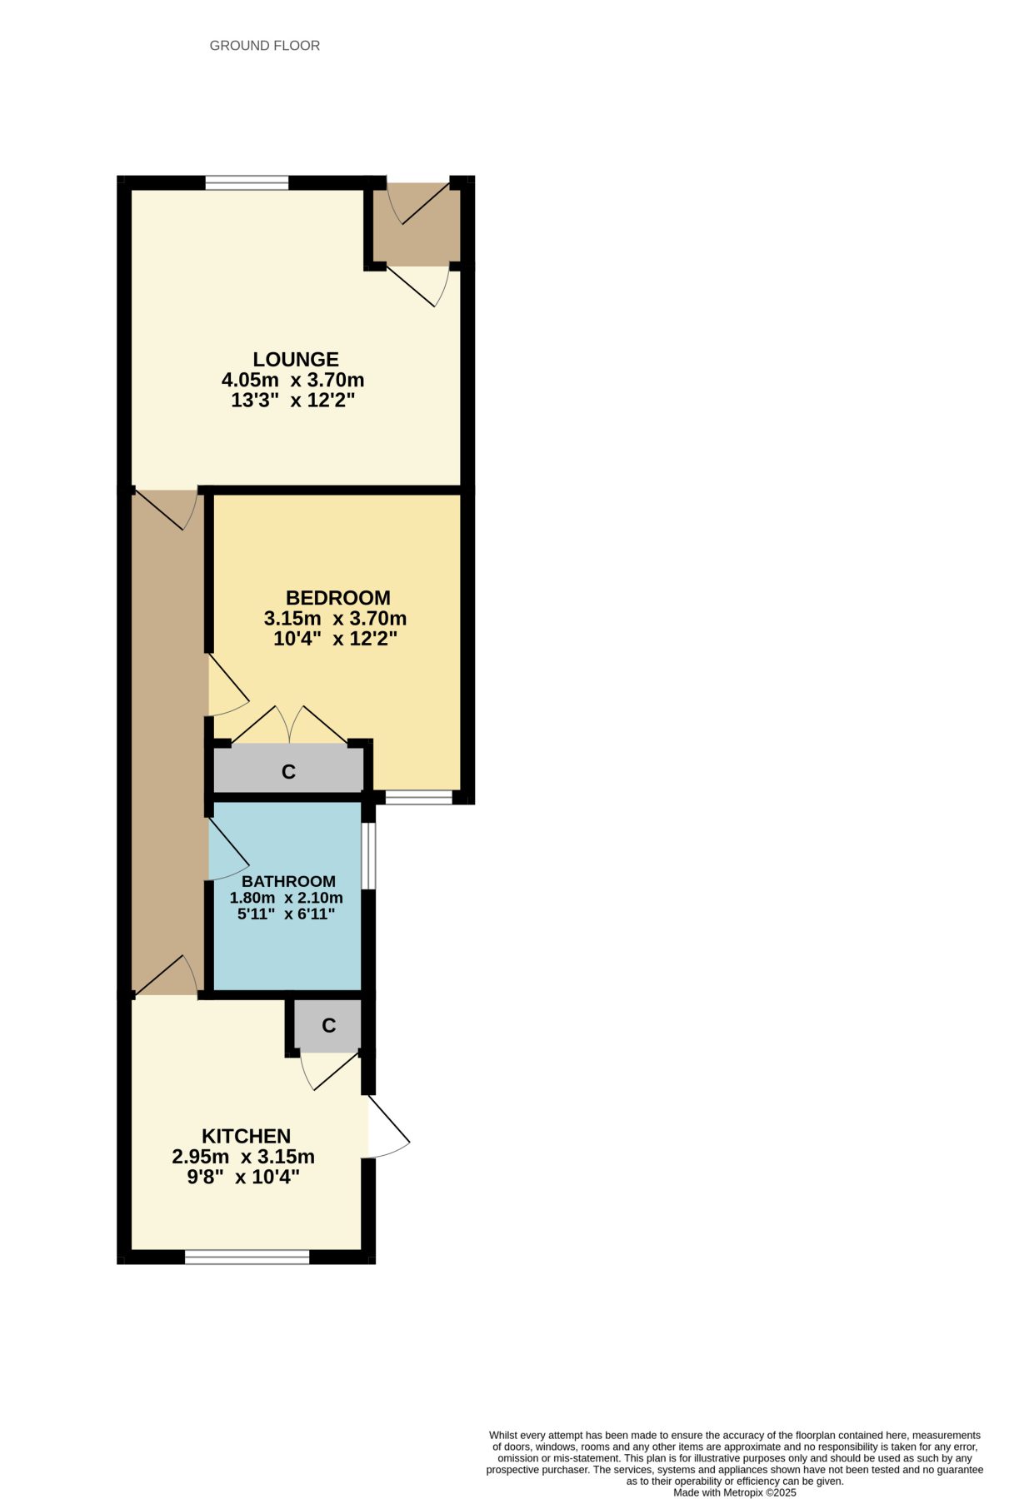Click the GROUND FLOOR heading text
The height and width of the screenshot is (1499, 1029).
264,46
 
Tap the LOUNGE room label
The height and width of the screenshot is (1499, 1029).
296,360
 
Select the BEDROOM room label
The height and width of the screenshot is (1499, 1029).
337,598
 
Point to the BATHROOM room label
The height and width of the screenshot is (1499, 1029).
288,881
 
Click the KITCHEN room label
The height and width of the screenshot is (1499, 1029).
246,1136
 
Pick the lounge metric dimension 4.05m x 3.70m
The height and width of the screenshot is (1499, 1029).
292,381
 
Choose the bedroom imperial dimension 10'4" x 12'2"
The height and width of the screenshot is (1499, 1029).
335,640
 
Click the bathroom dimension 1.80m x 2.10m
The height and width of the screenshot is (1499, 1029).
286,898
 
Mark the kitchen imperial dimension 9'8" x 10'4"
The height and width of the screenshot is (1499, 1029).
242,1178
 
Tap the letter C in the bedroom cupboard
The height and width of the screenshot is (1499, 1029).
288,772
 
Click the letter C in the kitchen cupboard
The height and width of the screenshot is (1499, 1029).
328,1025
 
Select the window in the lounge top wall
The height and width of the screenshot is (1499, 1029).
247,182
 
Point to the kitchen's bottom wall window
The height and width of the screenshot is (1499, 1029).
247,1257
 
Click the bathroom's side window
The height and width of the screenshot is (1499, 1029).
368,856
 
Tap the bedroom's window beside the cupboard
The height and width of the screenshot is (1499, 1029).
418,798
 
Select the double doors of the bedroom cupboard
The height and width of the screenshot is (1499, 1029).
289,725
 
